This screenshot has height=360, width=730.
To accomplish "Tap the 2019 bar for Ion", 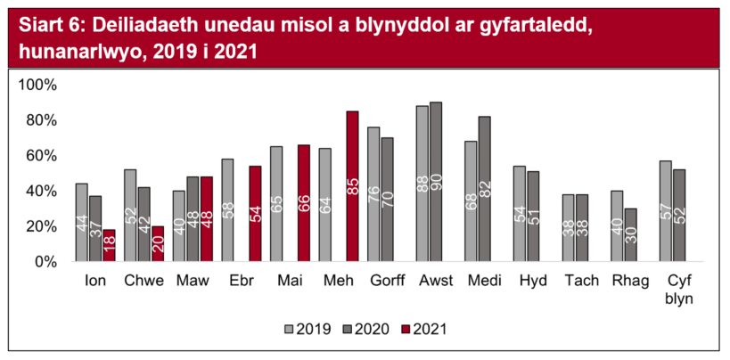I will tap(82, 222).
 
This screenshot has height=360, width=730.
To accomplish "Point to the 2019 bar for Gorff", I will tap(373, 193).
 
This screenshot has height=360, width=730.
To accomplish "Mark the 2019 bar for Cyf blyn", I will tap(665, 210).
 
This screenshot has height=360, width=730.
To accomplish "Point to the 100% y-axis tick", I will tap(37, 85).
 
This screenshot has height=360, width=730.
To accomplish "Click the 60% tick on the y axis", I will tap(41, 155).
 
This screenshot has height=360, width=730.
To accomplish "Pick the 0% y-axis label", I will tap(45, 261).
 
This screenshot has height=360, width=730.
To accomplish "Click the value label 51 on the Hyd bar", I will tap(533, 218).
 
